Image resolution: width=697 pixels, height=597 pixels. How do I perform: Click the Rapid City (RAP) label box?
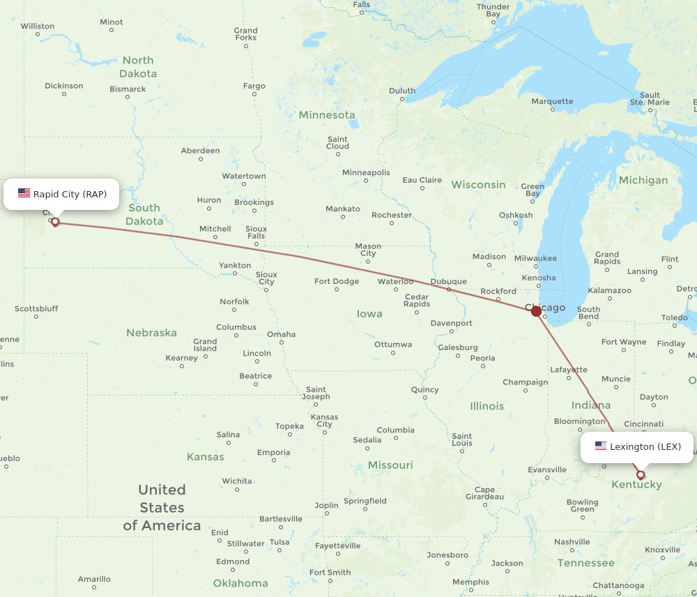[61, 194]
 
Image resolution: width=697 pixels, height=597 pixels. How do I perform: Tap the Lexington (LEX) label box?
[637, 446]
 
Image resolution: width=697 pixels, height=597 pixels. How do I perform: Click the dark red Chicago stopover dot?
[536, 311]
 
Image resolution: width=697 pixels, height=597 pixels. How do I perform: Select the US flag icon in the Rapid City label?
[24, 193]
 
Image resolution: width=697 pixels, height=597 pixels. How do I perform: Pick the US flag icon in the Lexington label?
[600, 446]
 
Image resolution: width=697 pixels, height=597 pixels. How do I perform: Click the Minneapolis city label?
[366, 172]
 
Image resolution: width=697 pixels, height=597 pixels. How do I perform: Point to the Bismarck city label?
[128, 89]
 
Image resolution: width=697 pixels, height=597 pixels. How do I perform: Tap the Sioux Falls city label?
[256, 232]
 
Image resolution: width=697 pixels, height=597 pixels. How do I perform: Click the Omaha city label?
[281, 334]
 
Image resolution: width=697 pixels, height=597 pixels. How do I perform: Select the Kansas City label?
[324, 421]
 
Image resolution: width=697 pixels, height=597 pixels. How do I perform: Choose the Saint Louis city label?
[461, 439]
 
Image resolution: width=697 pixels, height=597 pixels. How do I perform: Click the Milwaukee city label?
[535, 258]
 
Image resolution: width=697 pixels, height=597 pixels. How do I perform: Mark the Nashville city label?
[572, 542]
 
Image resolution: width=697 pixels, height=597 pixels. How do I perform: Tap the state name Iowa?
[369, 314]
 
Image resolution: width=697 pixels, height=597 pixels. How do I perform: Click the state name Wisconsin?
[478, 185]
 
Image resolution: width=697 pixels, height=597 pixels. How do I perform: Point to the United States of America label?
[162, 508]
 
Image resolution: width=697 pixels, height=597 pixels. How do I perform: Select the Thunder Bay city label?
[493, 10]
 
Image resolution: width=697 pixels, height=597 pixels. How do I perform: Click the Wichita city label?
[237, 481]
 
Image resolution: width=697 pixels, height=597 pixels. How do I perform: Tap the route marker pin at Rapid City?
[55, 222]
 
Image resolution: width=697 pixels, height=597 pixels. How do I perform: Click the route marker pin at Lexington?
[641, 475]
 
